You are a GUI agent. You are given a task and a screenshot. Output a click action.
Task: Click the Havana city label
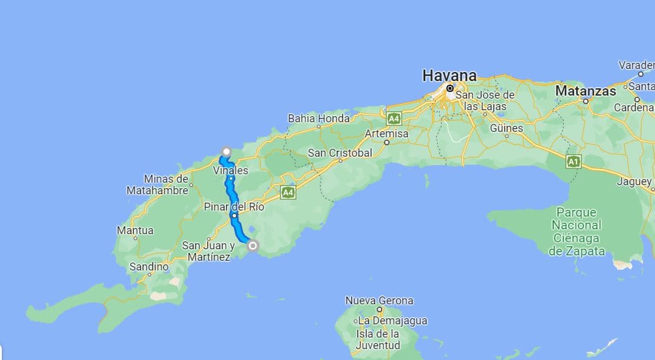[449, 76]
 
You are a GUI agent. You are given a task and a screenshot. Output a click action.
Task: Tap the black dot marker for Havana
[450, 88]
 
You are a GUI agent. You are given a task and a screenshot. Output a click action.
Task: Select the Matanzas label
[585, 91]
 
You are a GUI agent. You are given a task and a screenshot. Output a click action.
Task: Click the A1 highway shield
[573, 162]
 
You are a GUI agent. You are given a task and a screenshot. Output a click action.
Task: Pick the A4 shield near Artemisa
[394, 118]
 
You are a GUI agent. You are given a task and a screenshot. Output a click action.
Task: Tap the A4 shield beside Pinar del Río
[288, 192]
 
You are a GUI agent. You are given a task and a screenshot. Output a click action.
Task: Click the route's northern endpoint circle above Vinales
[227, 151]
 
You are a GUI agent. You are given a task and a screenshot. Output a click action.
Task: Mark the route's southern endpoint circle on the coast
[253, 245]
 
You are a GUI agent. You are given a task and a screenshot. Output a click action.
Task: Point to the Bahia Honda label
[319, 119]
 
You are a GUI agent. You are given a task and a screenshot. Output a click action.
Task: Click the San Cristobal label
[340, 153]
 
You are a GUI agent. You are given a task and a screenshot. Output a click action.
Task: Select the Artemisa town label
[387, 133]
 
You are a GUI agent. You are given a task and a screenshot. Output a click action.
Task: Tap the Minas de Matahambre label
[157, 185]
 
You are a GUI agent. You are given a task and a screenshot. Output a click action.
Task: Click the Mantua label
[135, 231]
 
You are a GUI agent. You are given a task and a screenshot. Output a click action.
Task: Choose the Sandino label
[149, 266]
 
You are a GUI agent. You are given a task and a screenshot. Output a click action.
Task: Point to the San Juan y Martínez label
[208, 251]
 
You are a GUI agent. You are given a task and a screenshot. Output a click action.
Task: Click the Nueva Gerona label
[379, 300]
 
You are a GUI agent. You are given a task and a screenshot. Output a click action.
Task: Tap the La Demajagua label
[392, 320]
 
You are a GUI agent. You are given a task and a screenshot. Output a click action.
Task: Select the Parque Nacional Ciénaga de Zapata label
[576, 232]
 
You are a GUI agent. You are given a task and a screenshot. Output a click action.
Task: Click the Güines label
[506, 128]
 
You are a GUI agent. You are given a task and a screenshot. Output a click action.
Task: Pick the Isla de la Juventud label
[378, 339]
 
